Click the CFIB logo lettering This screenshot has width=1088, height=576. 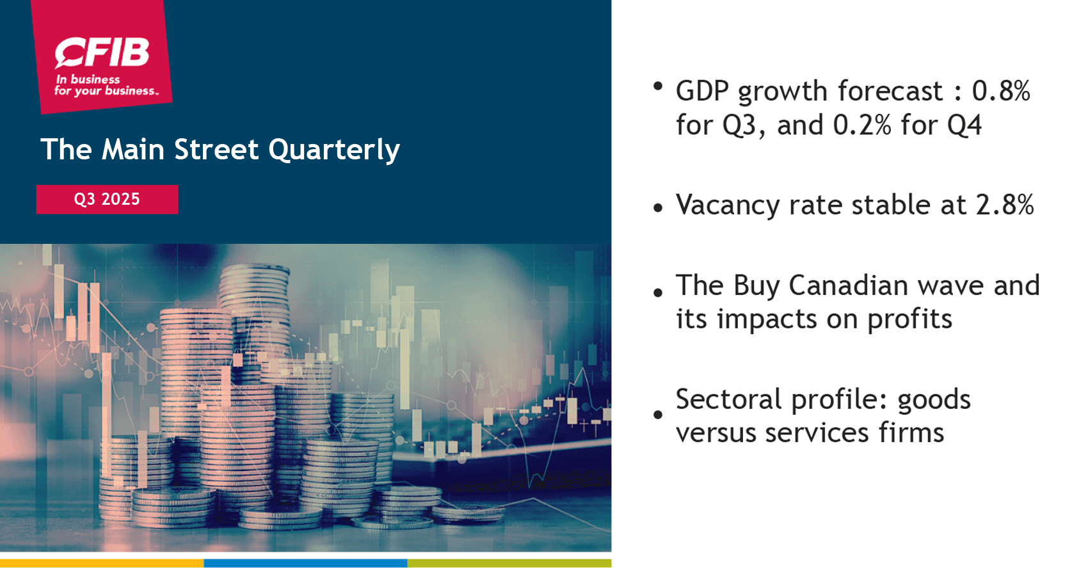(102, 52)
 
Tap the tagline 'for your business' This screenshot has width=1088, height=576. (106, 91)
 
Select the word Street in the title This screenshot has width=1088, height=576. (216, 150)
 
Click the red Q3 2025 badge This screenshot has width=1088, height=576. (107, 199)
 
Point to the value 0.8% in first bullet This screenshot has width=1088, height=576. (1001, 92)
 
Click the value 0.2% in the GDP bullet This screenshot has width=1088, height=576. (862, 125)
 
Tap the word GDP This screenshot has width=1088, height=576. (702, 92)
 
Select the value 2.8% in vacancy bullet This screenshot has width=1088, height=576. (1005, 205)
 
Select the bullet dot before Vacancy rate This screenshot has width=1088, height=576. (658, 208)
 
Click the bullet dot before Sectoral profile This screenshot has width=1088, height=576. (658, 415)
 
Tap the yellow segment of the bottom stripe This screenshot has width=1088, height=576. (102, 563)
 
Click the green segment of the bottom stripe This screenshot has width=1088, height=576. (509, 563)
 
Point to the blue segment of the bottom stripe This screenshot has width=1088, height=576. (305, 563)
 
